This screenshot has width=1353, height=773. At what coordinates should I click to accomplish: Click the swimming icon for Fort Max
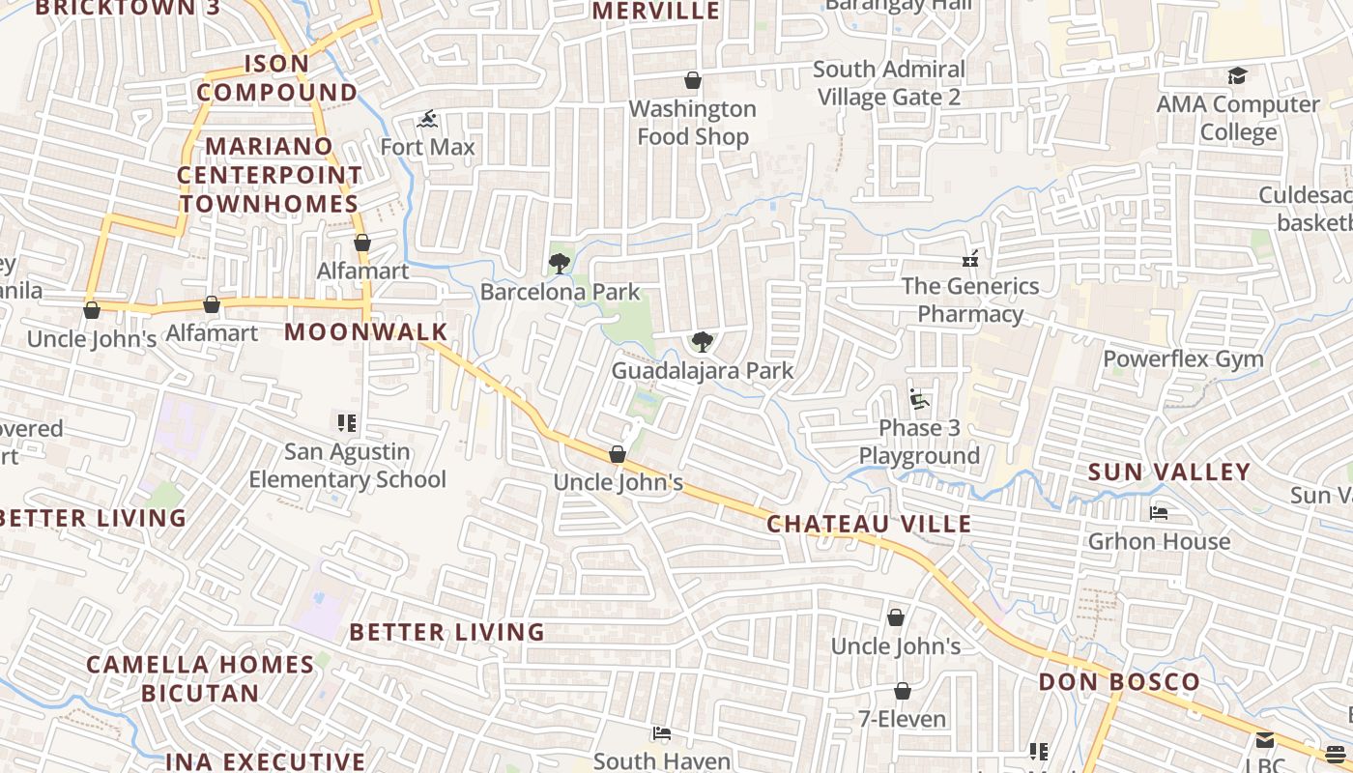(x=428, y=120)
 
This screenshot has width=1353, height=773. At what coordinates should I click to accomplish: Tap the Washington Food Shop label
(x=693, y=123)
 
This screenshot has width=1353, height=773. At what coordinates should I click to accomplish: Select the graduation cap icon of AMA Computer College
(x=1237, y=76)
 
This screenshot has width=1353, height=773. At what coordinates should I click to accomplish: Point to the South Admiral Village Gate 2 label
(x=889, y=83)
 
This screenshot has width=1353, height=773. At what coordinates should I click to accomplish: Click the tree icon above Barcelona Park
(x=559, y=263)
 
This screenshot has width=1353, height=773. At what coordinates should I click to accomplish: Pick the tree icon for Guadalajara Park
(x=703, y=341)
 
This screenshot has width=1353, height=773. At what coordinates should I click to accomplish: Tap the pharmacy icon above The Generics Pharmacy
(x=970, y=259)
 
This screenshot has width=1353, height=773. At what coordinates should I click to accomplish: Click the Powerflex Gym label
(x=1183, y=358)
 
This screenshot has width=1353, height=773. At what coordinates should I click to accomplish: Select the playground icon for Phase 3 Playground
(x=918, y=399)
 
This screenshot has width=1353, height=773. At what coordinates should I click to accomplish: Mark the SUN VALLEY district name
(x=1169, y=472)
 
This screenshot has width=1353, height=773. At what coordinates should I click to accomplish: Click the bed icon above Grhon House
(x=1159, y=512)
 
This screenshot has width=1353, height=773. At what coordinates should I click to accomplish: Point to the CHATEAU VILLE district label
(x=869, y=524)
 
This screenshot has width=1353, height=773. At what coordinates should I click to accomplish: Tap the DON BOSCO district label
(x=1119, y=682)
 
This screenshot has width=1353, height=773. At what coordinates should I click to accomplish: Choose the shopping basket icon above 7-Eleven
(x=902, y=691)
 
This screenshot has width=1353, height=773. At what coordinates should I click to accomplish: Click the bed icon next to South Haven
(x=662, y=733)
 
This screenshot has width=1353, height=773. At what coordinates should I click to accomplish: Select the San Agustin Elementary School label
(x=348, y=466)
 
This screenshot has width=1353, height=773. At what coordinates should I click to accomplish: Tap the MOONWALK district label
(x=366, y=332)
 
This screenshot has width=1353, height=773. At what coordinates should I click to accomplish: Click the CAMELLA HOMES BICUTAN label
(x=200, y=678)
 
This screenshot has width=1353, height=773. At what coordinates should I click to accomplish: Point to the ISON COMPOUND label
(x=277, y=78)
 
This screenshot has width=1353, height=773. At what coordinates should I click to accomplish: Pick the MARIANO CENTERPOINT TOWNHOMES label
(x=270, y=175)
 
